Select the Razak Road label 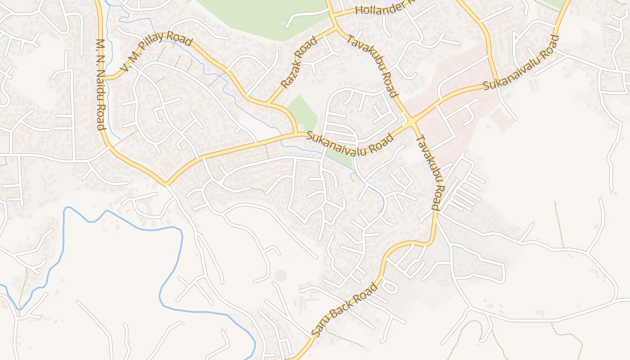298,62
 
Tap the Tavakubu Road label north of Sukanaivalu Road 372,66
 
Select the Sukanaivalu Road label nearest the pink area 520,63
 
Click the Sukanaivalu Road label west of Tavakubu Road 350,143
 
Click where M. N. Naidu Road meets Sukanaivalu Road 166,184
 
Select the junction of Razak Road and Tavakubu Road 335,28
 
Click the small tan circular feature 281,275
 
